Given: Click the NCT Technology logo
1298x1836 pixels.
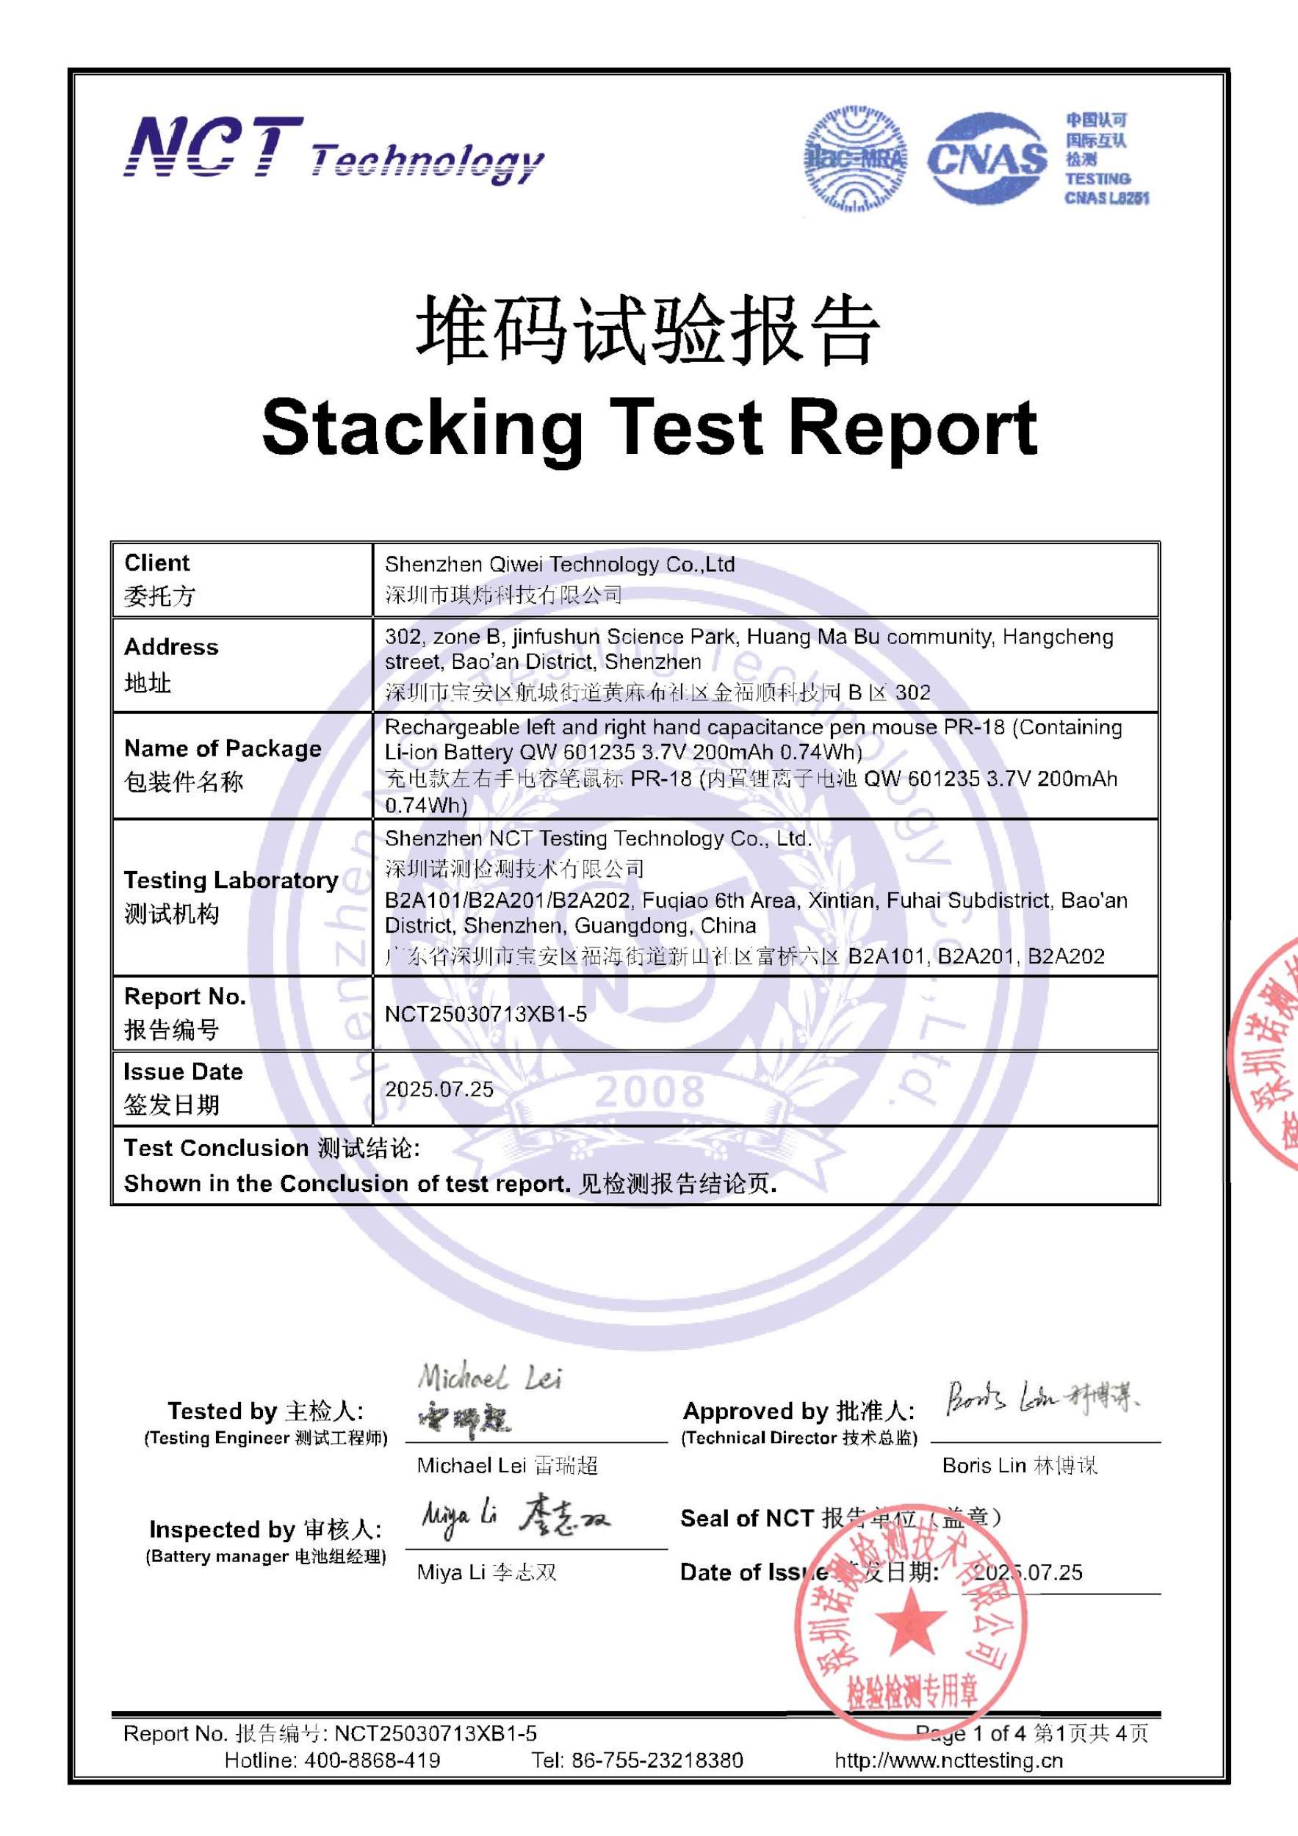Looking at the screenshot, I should [333, 150].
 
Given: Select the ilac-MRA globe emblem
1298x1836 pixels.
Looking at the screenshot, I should [856, 159].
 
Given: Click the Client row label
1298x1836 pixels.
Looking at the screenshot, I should [157, 563].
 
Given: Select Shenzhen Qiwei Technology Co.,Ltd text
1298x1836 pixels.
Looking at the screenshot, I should [560, 565].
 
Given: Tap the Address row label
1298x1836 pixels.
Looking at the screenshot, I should [171, 646].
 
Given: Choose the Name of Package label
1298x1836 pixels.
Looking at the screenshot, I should [223, 748].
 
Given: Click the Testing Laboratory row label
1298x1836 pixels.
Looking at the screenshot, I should [231, 880].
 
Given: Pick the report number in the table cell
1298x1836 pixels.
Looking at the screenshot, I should [486, 1014].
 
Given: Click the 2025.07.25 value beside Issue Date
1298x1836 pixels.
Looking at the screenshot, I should [439, 1089].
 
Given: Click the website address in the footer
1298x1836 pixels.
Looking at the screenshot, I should [948, 1760].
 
